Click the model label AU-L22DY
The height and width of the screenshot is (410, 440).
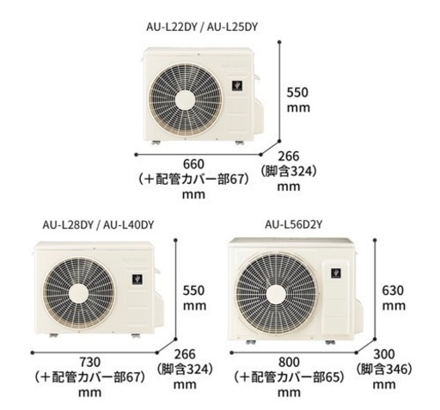(172, 27)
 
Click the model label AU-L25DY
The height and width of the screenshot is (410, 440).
(232, 27)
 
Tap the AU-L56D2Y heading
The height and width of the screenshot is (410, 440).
(294, 224)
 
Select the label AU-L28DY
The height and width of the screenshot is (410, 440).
(68, 225)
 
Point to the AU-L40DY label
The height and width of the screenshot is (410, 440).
(129, 225)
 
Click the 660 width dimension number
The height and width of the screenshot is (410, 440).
(193, 164)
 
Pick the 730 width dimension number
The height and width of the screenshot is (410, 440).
(90, 362)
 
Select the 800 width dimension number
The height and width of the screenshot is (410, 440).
(289, 362)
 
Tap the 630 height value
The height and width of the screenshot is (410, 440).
(393, 291)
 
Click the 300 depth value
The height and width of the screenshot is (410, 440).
(384, 354)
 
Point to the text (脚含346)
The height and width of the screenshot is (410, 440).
(384, 369)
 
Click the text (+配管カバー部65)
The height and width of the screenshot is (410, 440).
(289, 377)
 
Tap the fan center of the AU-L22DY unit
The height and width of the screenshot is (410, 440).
(185, 101)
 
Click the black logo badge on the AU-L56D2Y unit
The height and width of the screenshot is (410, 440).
(336, 273)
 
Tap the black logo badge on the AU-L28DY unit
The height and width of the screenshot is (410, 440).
(137, 279)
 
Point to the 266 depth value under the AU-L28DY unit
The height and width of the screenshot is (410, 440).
(185, 354)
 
